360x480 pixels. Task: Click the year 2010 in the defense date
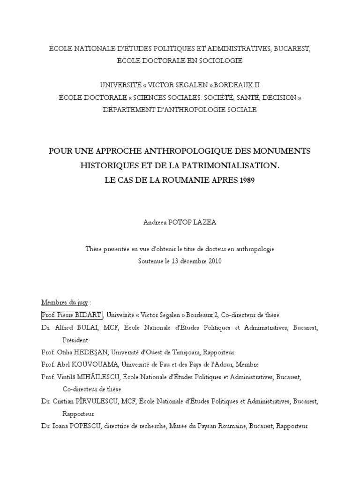click(213, 261)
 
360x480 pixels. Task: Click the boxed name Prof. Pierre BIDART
click(72, 315)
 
